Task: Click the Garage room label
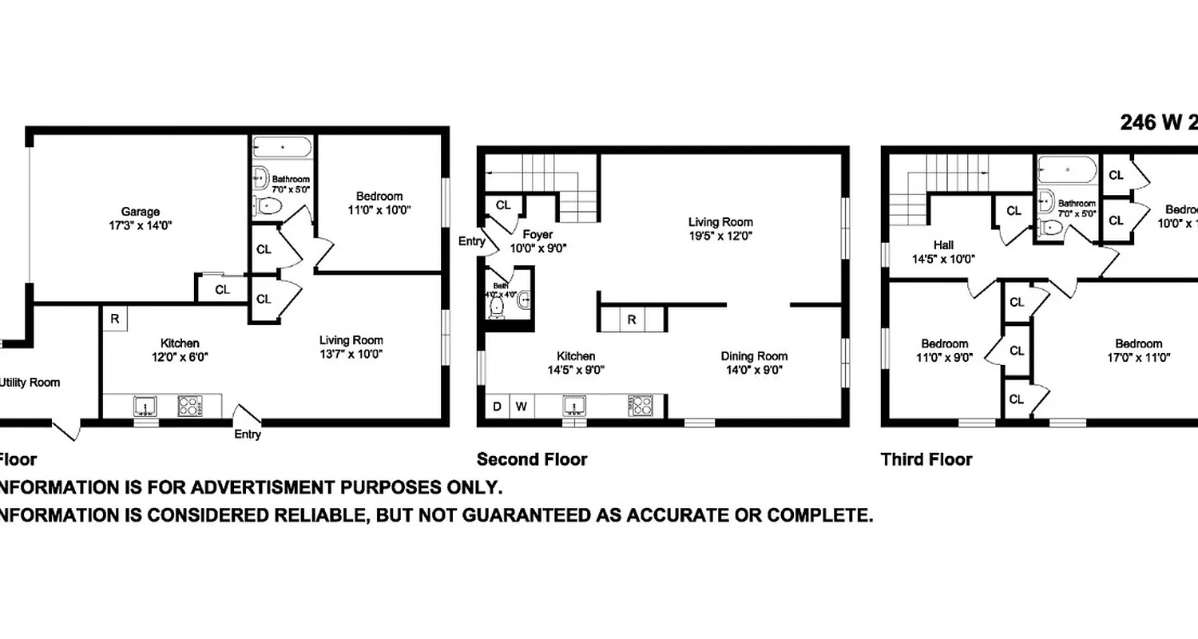coord(140,212)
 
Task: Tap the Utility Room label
coord(30,383)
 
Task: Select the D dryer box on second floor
coord(497,406)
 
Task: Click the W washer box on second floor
coord(521,406)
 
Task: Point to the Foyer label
coord(538,235)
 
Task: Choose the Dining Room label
coord(754,356)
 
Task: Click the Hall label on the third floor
coord(944,245)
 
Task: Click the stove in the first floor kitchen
coord(190,406)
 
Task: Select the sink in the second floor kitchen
coord(574,406)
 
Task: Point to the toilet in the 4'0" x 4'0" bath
coord(498,306)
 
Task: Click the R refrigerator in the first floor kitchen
coord(114,319)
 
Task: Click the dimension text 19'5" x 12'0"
coord(720,236)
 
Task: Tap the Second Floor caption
coord(532,459)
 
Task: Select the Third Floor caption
coord(926,459)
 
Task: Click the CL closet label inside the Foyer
coord(503,205)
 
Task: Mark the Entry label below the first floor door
coord(248,435)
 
